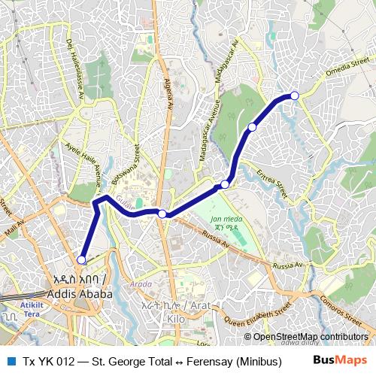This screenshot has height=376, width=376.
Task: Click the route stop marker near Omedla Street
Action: click(295, 96)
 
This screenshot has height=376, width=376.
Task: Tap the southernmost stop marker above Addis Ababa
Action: click(81, 260)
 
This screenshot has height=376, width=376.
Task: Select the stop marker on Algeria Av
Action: click(162, 214)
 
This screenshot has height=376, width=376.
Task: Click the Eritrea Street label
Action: click(272, 183)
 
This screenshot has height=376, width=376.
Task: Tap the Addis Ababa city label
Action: click(79, 287)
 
